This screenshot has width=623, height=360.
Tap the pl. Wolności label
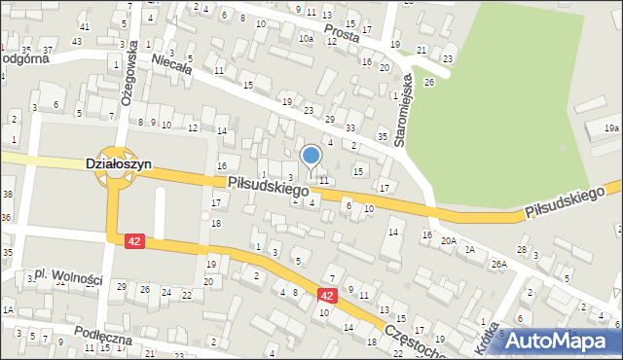click(x=68, y=279)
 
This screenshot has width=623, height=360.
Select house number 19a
click(x=610, y=127)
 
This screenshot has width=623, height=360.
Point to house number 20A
click(x=448, y=240)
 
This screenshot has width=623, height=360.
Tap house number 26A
click(x=499, y=264)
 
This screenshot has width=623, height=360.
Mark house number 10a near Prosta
click(x=306, y=39)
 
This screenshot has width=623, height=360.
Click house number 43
click(x=77, y=41)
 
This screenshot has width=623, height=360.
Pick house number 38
click(x=8, y=195)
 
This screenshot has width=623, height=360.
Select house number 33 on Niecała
click(x=349, y=128)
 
